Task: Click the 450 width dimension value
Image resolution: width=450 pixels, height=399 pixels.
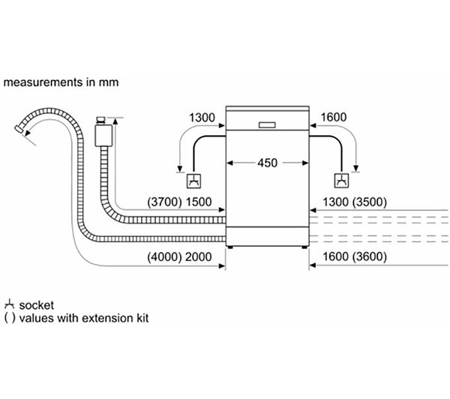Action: click(x=268, y=162)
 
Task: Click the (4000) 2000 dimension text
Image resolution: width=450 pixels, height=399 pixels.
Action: click(x=180, y=257)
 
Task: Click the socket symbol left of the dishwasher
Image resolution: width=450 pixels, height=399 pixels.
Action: click(x=193, y=180)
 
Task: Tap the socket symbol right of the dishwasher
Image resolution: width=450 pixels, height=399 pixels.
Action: click(x=341, y=180)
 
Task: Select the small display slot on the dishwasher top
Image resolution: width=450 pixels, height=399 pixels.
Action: click(x=268, y=124)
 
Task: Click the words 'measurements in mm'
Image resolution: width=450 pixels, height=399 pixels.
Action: click(x=60, y=81)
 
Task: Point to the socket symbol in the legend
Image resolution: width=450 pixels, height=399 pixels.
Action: click(x=10, y=304)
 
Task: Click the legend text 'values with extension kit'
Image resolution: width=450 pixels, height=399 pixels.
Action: click(x=82, y=318)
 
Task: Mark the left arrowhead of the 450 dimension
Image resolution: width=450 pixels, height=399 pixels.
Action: click(x=229, y=162)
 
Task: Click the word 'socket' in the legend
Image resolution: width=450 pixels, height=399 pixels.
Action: click(x=35, y=304)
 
